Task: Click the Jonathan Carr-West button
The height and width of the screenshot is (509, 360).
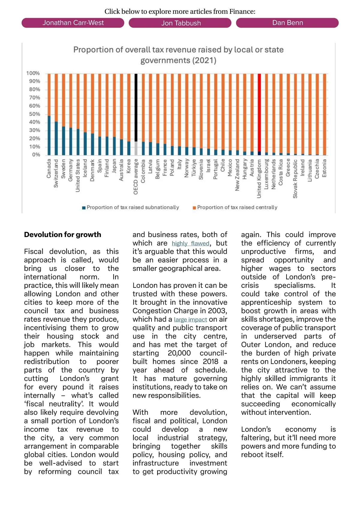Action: pos(73,23)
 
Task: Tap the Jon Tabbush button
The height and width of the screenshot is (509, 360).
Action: pos(180,23)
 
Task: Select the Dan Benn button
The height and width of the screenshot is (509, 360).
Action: pos(287,23)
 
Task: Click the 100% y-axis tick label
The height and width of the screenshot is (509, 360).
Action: pos(33,73)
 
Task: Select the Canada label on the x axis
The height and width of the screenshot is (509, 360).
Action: pos(49,168)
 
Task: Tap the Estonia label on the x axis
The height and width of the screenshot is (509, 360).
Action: pos(324,168)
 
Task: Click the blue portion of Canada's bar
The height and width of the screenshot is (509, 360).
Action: pos(49,135)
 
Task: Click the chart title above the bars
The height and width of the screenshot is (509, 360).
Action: pos(178,55)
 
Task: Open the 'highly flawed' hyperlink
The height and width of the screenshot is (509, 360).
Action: pos(190,243)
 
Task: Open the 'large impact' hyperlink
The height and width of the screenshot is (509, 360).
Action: pos(190,320)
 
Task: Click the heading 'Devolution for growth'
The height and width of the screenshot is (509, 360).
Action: pos(63,235)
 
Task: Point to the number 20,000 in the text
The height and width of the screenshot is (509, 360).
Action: pos(179,353)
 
